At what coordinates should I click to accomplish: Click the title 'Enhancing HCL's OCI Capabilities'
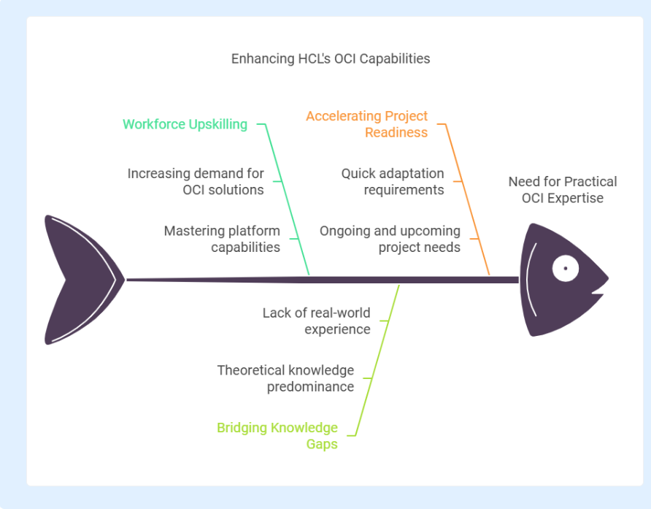(x=331, y=58)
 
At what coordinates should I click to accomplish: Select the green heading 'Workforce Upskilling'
(x=185, y=124)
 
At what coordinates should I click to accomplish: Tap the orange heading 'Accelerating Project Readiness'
(x=367, y=124)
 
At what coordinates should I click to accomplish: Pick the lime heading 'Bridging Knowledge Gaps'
(x=277, y=435)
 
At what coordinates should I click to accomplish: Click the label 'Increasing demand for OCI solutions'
(x=196, y=182)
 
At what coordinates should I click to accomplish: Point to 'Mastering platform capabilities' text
(x=222, y=239)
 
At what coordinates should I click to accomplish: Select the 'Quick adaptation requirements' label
(x=393, y=182)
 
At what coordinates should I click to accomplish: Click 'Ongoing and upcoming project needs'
(x=390, y=239)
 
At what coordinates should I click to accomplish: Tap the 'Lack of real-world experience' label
(x=316, y=321)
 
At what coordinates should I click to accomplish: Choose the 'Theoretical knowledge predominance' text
(x=285, y=378)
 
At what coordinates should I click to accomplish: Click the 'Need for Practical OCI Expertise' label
(x=563, y=190)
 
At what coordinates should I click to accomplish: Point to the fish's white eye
(x=566, y=268)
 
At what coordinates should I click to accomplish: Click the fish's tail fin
(x=74, y=280)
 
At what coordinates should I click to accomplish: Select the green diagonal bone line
(x=288, y=199)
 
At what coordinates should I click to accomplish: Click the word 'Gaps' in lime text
(x=322, y=444)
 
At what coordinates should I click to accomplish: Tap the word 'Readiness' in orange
(x=396, y=133)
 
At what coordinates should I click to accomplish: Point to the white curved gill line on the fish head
(x=529, y=279)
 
